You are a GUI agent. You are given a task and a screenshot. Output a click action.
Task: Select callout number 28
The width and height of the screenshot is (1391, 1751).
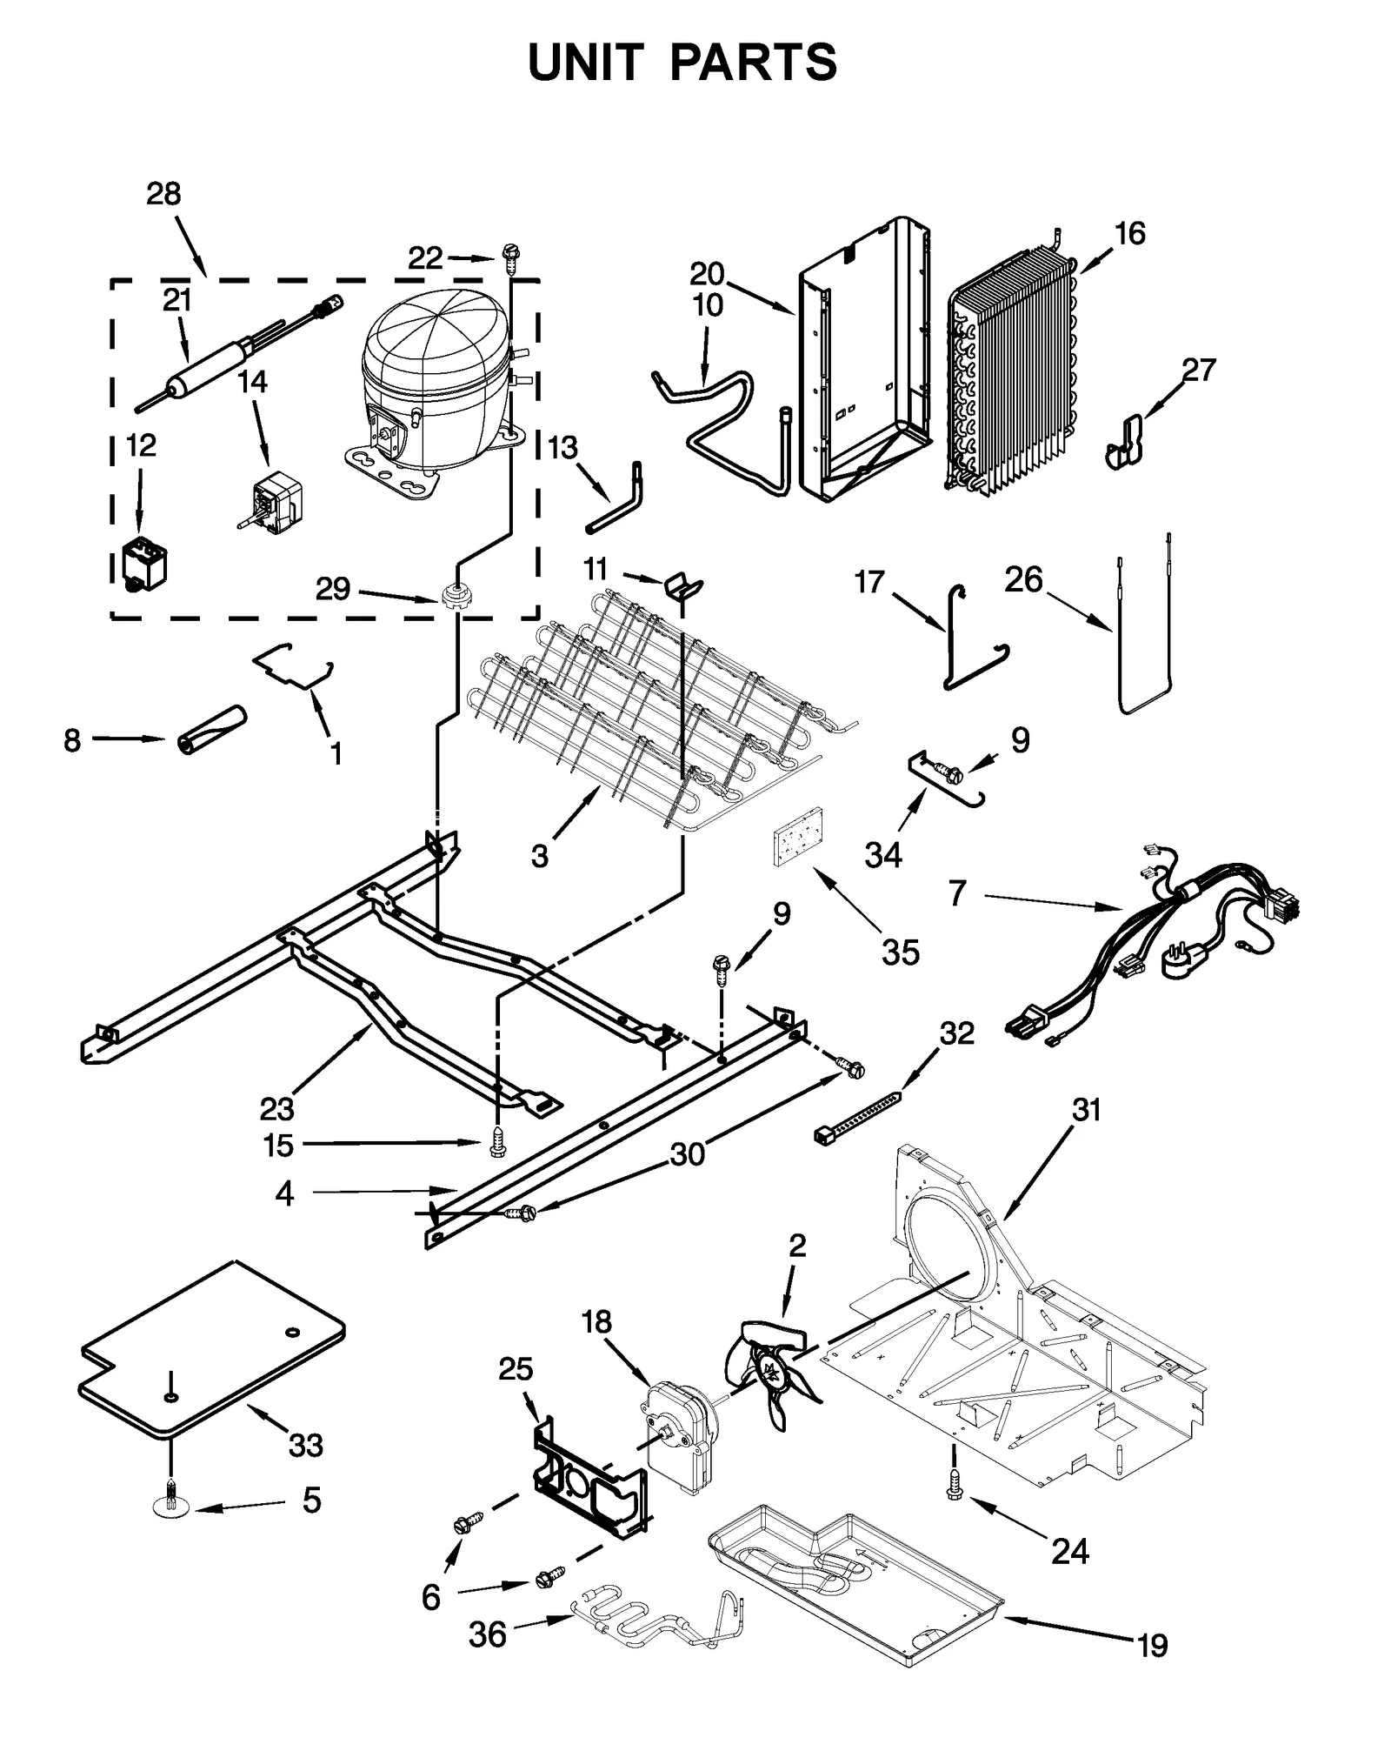coord(163,193)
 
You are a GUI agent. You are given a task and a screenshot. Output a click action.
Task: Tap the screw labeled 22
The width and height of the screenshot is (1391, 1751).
coord(510,256)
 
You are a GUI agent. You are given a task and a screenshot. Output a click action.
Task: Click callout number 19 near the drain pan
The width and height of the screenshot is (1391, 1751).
coord(1153,1646)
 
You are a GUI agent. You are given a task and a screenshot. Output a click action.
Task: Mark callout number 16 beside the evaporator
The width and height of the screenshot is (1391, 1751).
coord(1130,233)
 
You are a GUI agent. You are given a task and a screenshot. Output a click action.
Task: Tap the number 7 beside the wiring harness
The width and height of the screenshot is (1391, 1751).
coord(957,893)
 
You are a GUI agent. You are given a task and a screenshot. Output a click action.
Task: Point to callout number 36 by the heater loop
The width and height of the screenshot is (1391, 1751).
coord(487,1634)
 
